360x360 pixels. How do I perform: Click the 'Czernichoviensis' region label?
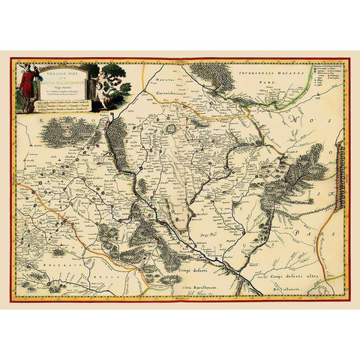(x=175, y=93)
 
